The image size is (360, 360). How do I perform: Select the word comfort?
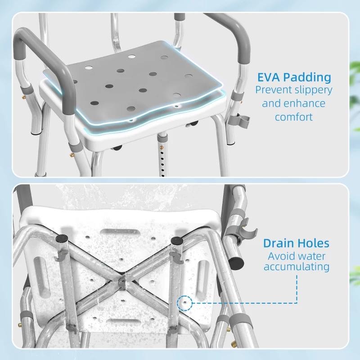coord(293,117)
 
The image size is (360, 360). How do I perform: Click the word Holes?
coord(315,244)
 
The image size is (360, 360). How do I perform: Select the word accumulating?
coord(297,267)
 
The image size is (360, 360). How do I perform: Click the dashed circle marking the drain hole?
coord(183,302)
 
